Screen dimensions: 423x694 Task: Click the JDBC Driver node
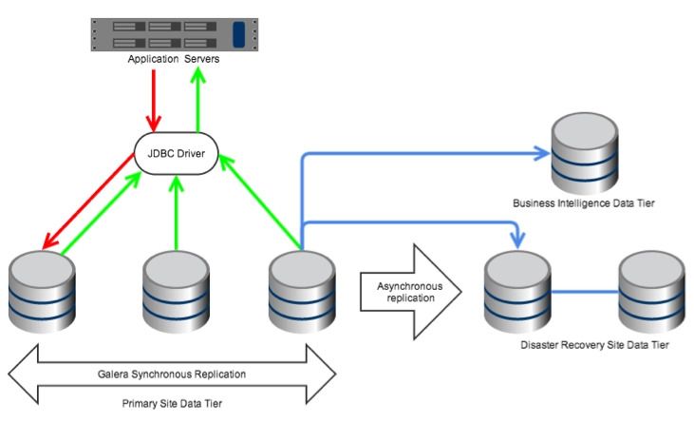point(177,152)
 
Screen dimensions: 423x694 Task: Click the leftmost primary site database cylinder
point(41,289)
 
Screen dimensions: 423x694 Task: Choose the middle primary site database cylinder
point(176,289)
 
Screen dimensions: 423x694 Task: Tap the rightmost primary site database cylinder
point(301,289)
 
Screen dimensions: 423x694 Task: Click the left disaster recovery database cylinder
point(516,289)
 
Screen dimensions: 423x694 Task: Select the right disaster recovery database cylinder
point(651,289)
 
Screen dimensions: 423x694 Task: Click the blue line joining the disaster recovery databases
point(584,291)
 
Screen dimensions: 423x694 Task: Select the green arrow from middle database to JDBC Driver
point(176,214)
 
